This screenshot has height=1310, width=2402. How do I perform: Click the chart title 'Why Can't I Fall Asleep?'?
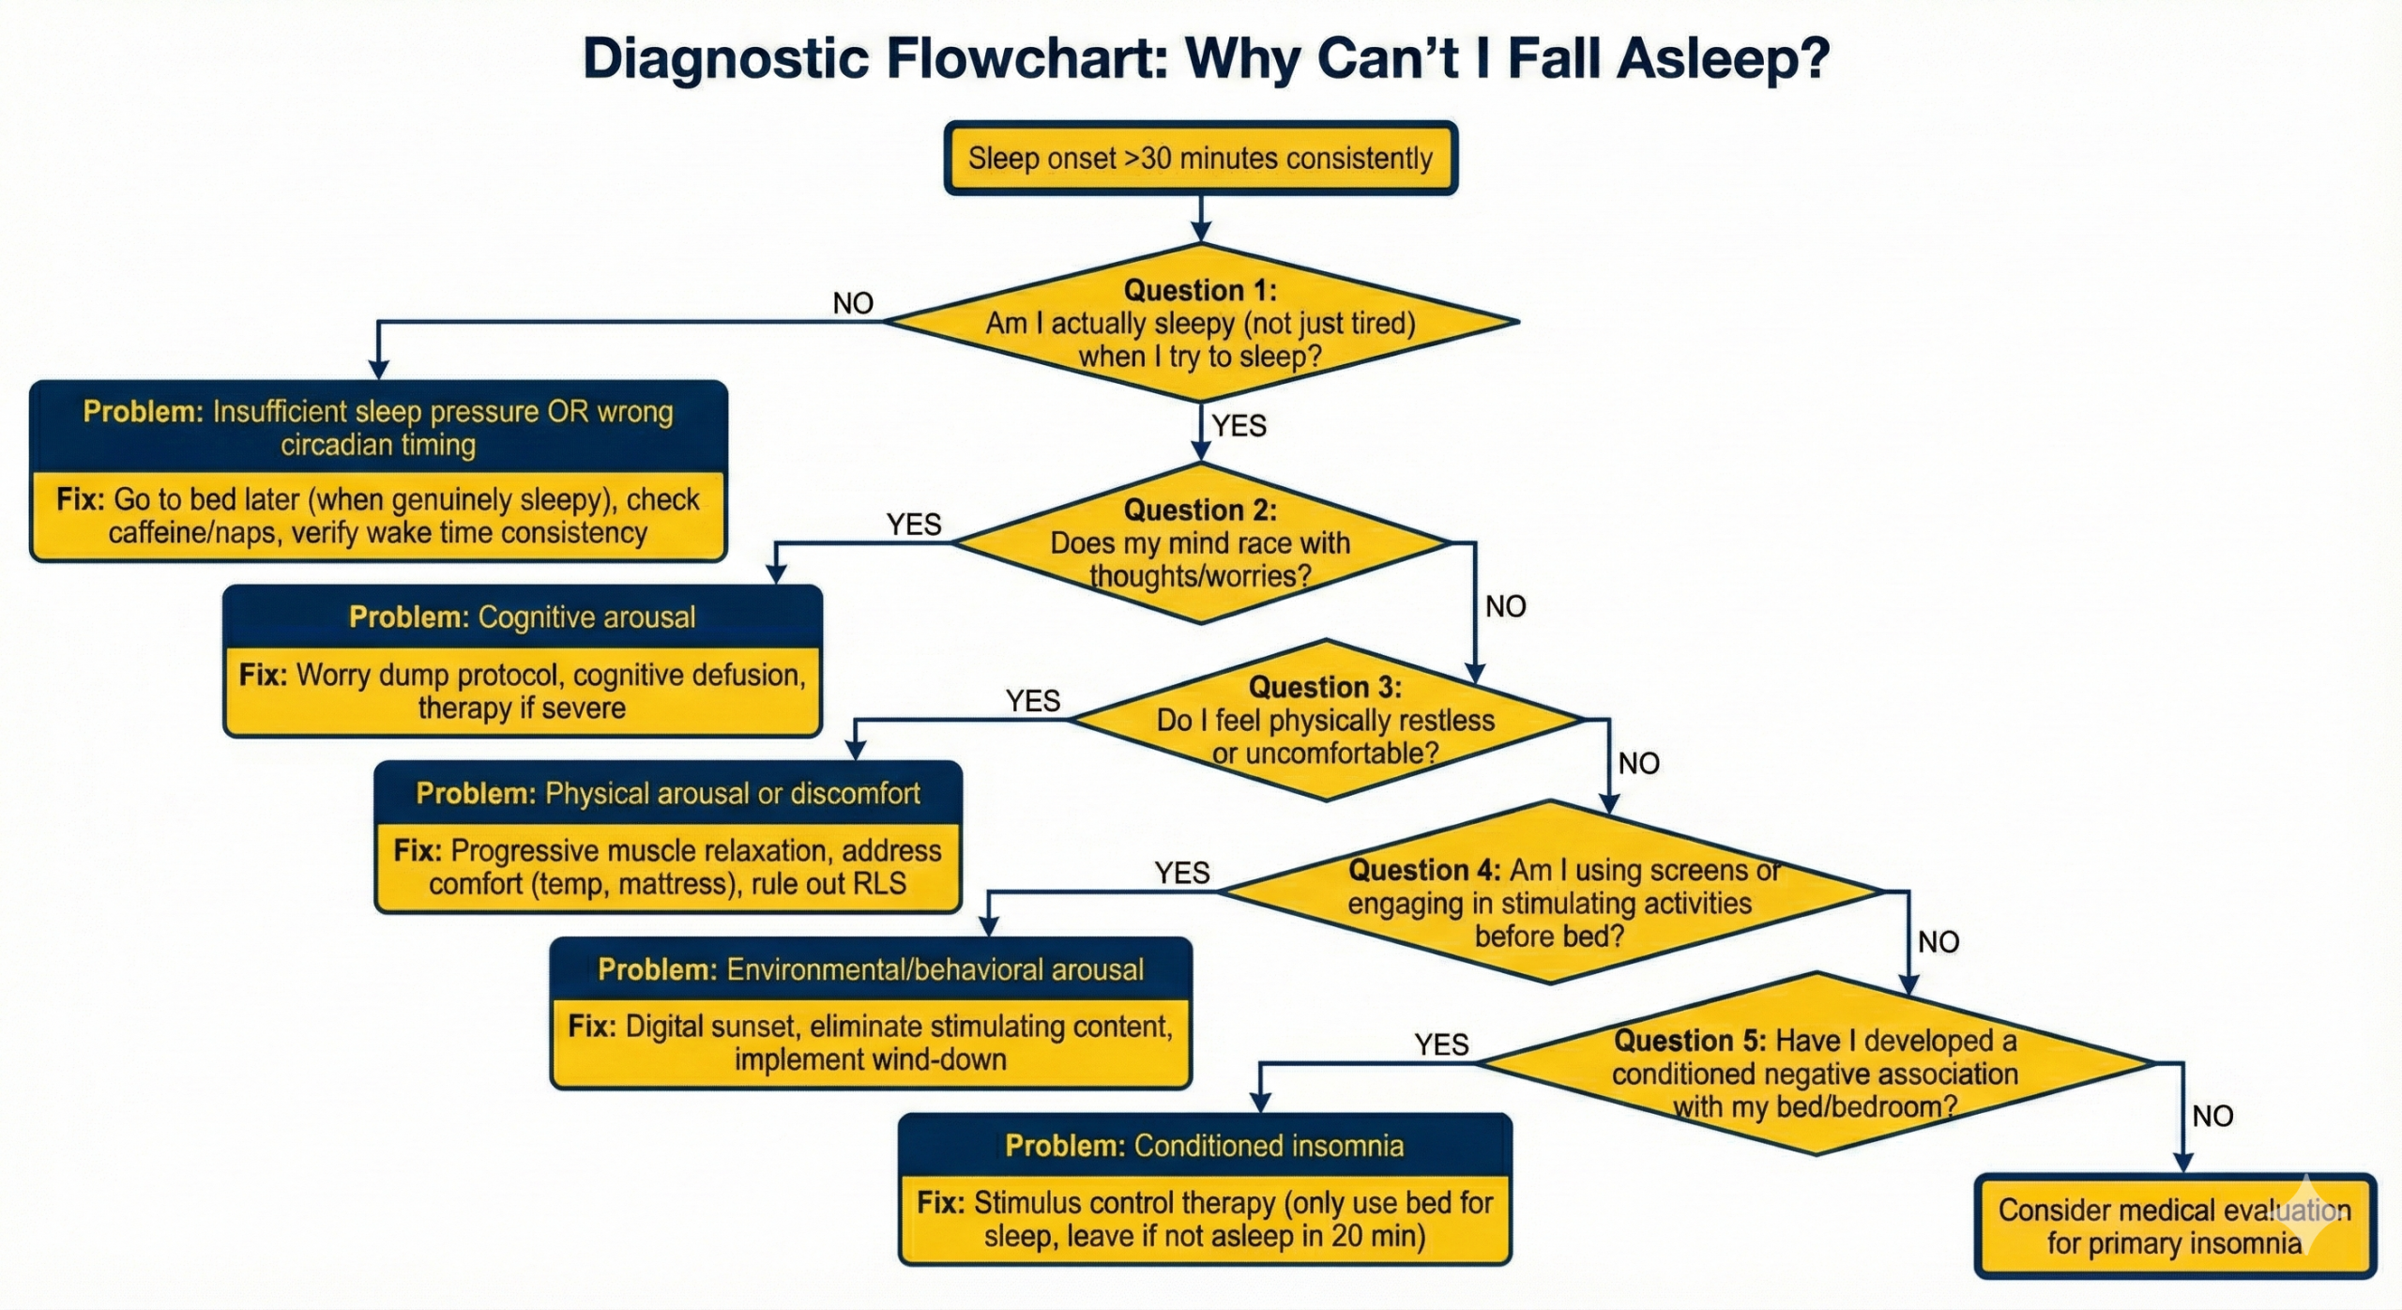pyautogui.click(x=1206, y=58)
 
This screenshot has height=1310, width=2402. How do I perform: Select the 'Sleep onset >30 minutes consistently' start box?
pyautogui.click(x=1200, y=159)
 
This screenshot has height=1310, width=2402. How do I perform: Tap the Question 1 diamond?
pyautogui.click(x=1200, y=323)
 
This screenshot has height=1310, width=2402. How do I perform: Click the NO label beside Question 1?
pyautogui.click(x=853, y=303)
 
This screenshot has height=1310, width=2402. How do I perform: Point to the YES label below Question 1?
pyautogui.click(x=1239, y=426)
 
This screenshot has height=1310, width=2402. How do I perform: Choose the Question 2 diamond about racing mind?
pyautogui.click(x=1200, y=543)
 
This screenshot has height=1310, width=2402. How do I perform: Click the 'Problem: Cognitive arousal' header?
pyautogui.click(x=523, y=617)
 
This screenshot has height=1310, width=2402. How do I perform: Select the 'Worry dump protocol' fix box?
pyautogui.click(x=523, y=691)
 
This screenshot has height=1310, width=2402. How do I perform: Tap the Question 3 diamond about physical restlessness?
pyautogui.click(x=1325, y=721)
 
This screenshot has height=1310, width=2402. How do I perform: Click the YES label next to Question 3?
pyautogui.click(x=1032, y=701)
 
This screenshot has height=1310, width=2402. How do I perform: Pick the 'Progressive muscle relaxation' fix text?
pyautogui.click(x=668, y=867)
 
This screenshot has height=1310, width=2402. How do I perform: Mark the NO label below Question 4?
pyautogui.click(x=1938, y=942)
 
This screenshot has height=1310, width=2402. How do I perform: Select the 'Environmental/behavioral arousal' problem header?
pyautogui.click(x=871, y=969)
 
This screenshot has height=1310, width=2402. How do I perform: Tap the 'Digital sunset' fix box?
pyautogui.click(x=871, y=1043)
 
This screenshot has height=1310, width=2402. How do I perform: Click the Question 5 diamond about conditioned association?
pyautogui.click(x=1815, y=1074)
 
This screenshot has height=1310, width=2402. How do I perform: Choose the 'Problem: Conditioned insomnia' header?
pyautogui.click(x=1205, y=1146)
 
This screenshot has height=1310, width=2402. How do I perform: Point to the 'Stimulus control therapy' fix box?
pyautogui.click(x=1205, y=1219)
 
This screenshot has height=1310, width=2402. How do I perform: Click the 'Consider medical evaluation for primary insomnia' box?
pyautogui.click(x=2174, y=1226)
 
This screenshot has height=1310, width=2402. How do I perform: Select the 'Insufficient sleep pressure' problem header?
pyautogui.click(x=378, y=428)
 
